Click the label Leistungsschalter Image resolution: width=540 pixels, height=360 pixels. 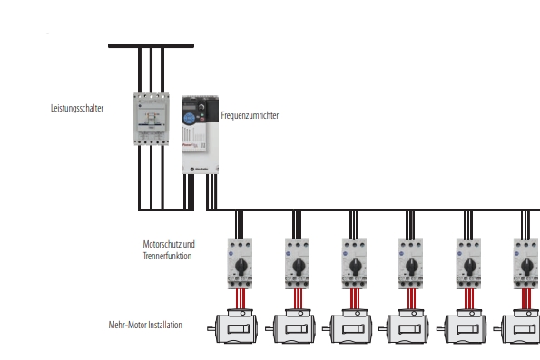tap(77, 108)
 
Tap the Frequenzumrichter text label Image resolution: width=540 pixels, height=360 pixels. tap(250, 115)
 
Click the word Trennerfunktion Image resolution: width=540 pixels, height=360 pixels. tap(167, 256)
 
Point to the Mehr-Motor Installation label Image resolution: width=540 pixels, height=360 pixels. tap(145, 325)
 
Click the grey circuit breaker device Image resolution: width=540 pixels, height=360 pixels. tap(152, 119)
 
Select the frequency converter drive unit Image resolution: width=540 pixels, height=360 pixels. tap(200, 134)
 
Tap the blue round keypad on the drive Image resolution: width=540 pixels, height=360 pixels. tap(189, 119)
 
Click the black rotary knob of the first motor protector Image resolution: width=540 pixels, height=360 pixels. tap(241, 266)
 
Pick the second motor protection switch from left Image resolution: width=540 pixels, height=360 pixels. tap(297, 264)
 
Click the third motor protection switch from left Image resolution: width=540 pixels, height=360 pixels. tap(354, 264)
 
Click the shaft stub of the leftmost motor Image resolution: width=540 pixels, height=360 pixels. tap(211, 329)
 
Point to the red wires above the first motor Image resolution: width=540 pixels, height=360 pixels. tap(241, 298)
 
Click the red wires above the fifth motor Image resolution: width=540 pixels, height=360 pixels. tap(468, 298)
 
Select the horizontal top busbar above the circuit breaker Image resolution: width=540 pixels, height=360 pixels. tap(152, 46)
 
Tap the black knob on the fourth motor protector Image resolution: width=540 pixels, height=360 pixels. tap(411, 266)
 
